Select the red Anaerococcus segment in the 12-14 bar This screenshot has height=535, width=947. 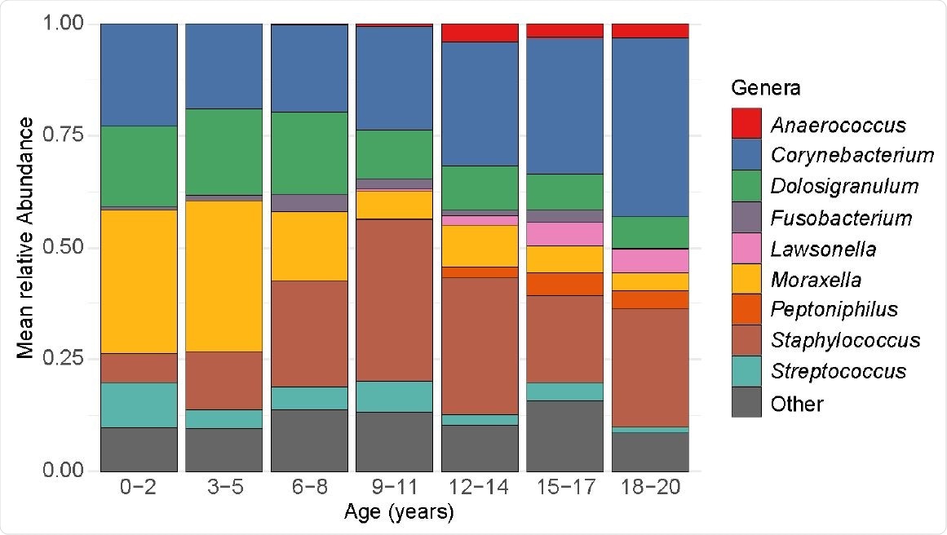480,33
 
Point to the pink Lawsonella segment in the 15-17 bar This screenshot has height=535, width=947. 564,234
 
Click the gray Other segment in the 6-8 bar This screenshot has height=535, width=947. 309,440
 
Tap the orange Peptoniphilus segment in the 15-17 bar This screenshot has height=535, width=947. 564,284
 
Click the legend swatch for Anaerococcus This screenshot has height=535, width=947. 746,124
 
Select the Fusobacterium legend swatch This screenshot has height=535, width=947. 746,217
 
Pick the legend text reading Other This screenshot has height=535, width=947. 797,403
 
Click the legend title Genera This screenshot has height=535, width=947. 765,87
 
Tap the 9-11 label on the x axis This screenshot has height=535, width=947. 394,489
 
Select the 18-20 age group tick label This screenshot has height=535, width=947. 650,489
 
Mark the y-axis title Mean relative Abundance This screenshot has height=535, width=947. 27,237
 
